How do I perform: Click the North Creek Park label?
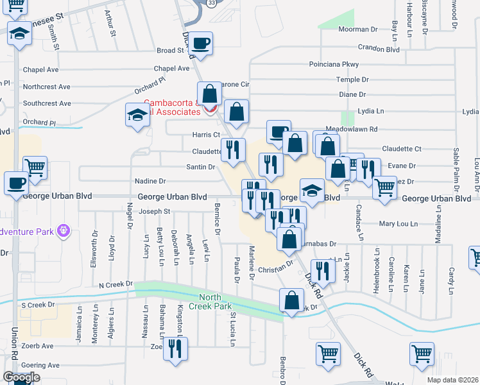point(214,302)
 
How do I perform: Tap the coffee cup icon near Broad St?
point(201,43)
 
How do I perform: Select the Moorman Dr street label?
point(358,30)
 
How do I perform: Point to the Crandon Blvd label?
point(379,49)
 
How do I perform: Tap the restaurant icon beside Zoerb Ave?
point(174,348)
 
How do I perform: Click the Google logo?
point(21,377)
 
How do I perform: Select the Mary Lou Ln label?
point(397,224)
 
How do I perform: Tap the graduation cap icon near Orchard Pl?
point(137,115)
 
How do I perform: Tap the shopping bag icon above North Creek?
point(291,300)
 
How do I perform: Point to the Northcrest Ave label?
point(46,87)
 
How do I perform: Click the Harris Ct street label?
point(207,135)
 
